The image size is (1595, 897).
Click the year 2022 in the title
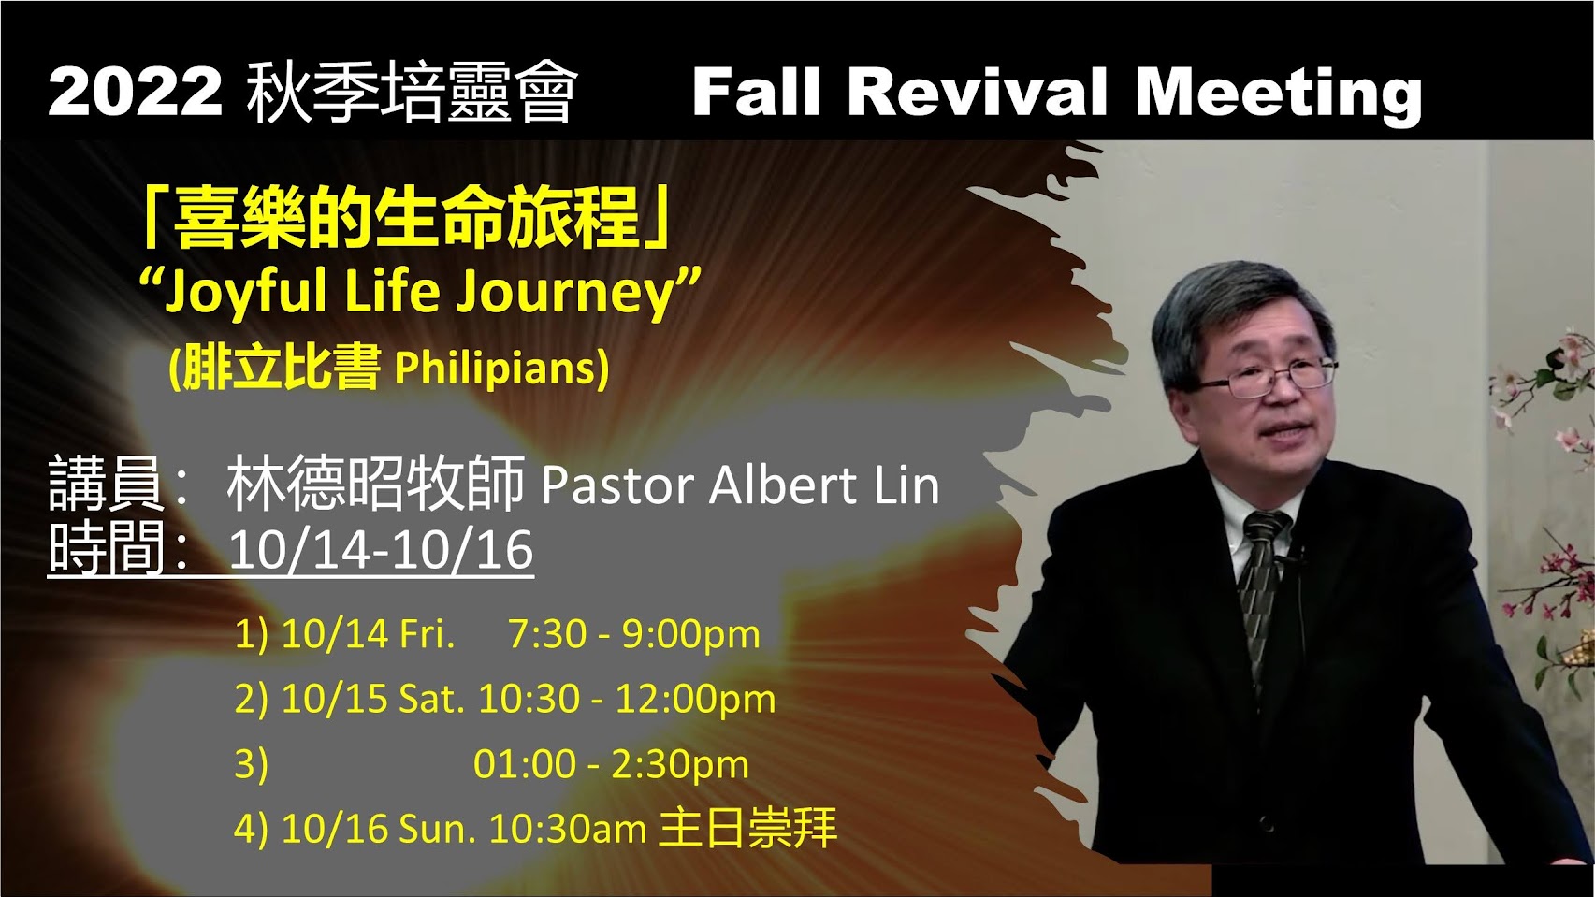pos(136,92)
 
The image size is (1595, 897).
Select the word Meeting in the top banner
pos(1279,95)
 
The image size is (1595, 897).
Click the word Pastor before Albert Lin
pos(617,487)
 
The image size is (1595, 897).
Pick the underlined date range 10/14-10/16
pos(381,550)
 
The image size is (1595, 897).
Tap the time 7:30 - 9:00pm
pos(633,634)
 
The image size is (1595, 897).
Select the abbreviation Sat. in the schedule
pos(431,698)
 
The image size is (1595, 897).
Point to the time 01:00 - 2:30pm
pos(611,764)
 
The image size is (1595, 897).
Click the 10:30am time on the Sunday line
pos(568,829)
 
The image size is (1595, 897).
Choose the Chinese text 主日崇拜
pos(747,828)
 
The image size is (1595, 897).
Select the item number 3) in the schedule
pos(252,764)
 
